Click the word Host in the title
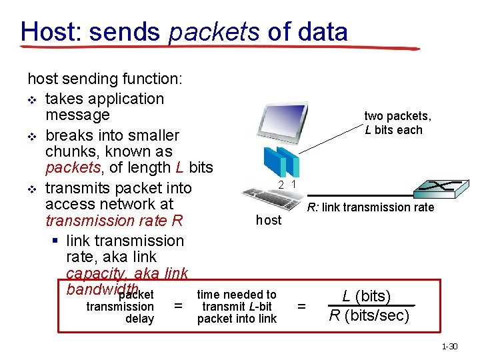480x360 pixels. (51, 31)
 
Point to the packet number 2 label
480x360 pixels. (282, 185)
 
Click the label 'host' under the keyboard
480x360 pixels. (269, 220)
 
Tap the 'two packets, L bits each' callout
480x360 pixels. (397, 123)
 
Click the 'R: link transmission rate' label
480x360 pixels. (370, 207)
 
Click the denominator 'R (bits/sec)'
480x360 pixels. (369, 315)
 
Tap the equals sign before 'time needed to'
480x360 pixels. (177, 306)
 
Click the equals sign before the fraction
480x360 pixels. (301, 306)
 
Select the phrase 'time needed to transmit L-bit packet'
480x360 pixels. (237, 307)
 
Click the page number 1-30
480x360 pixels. (451, 347)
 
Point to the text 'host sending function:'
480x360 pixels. (104, 79)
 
